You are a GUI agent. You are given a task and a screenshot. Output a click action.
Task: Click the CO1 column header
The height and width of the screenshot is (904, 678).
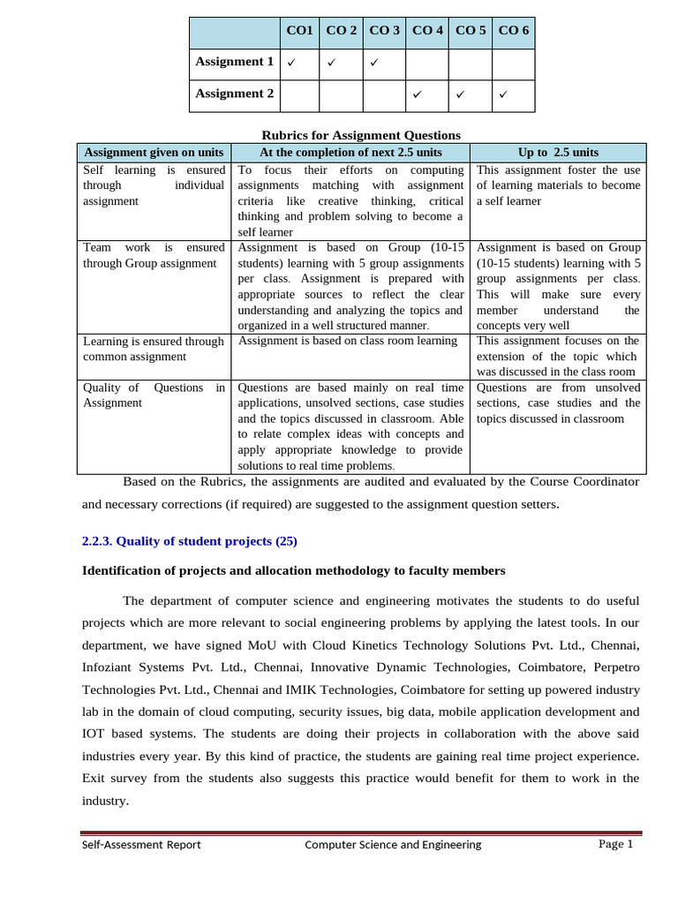click(300, 31)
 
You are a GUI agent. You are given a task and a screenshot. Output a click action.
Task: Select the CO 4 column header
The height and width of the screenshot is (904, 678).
click(427, 31)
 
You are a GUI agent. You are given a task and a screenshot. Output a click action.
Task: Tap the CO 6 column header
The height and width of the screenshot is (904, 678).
click(514, 31)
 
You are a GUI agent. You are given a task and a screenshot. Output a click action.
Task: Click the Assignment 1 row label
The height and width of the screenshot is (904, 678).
click(234, 62)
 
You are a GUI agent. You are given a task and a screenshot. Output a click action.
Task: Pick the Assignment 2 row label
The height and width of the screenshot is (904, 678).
click(234, 94)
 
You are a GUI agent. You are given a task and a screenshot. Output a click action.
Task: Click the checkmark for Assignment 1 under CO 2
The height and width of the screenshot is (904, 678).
click(332, 63)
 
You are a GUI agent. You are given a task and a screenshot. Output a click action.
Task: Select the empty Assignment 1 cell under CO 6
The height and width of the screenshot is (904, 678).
click(514, 63)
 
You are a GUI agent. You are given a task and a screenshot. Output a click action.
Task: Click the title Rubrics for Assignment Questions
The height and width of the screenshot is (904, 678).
click(361, 135)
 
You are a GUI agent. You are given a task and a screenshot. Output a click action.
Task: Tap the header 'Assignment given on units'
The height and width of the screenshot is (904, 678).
click(154, 152)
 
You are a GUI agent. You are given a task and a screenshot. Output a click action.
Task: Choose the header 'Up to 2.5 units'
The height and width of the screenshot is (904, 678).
click(558, 152)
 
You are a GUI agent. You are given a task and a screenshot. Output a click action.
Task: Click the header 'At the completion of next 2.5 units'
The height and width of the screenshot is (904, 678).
click(350, 152)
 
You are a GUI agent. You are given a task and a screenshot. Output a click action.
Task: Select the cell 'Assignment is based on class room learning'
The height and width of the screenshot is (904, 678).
click(348, 341)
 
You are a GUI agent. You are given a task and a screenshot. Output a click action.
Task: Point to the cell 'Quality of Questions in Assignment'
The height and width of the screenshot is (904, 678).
click(154, 395)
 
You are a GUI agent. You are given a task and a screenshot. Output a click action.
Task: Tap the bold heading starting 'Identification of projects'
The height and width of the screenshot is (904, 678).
click(293, 571)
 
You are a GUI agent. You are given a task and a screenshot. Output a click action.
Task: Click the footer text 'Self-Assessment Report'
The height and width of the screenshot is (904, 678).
click(141, 845)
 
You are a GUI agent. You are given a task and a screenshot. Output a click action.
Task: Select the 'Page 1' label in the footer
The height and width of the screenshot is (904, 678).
click(615, 844)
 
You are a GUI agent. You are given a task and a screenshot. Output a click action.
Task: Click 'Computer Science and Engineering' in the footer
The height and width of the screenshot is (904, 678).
click(393, 845)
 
